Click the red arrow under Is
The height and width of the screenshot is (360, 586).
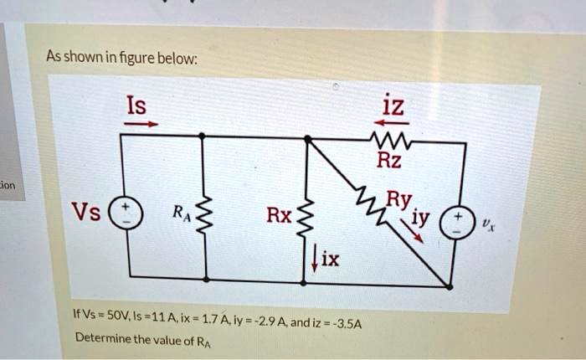click(x=141, y=124)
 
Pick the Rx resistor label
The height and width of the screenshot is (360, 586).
click(x=279, y=216)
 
